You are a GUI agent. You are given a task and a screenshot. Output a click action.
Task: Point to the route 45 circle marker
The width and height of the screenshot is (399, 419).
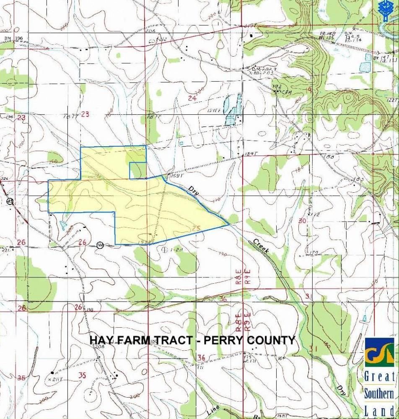[9, 201]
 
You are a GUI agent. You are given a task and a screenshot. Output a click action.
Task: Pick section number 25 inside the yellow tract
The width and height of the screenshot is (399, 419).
[196, 228]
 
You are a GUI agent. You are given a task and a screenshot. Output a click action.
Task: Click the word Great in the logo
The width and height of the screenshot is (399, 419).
[379, 376]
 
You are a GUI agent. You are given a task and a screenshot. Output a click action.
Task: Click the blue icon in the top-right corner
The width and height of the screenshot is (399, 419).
[384, 8]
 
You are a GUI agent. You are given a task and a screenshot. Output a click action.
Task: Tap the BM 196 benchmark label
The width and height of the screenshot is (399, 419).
[13, 39]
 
